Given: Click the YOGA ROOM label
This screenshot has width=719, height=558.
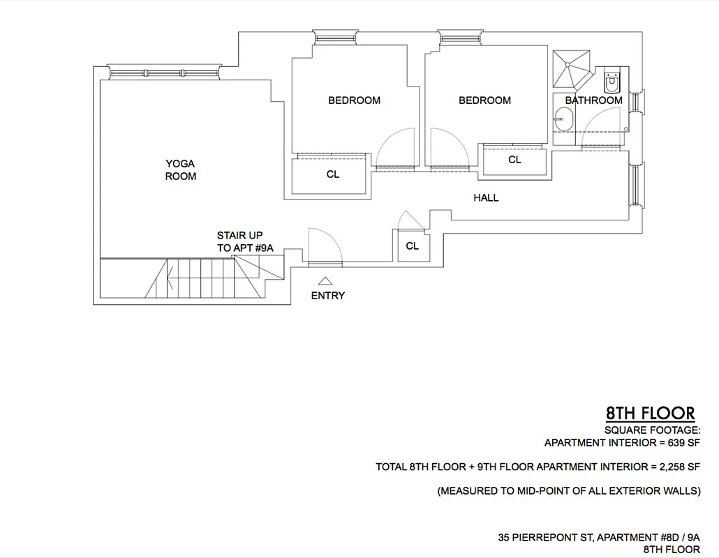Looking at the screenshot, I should (180, 170).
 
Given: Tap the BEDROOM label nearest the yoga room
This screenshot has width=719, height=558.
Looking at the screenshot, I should (354, 100).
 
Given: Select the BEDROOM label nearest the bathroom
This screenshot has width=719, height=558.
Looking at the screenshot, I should (484, 100).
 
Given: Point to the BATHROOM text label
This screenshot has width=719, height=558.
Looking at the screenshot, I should (593, 100).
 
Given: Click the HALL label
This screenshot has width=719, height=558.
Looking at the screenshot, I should (486, 198).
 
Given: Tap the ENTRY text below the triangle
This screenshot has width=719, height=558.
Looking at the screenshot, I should (327, 296).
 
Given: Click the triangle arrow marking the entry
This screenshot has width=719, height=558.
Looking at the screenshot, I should (325, 281).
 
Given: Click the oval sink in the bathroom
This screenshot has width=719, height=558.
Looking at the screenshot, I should (563, 123).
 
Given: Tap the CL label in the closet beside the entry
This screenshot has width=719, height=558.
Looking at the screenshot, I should (412, 246).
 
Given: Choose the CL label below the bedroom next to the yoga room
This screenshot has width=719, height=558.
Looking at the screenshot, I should (333, 175).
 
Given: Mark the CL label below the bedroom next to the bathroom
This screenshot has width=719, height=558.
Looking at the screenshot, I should (514, 160).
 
